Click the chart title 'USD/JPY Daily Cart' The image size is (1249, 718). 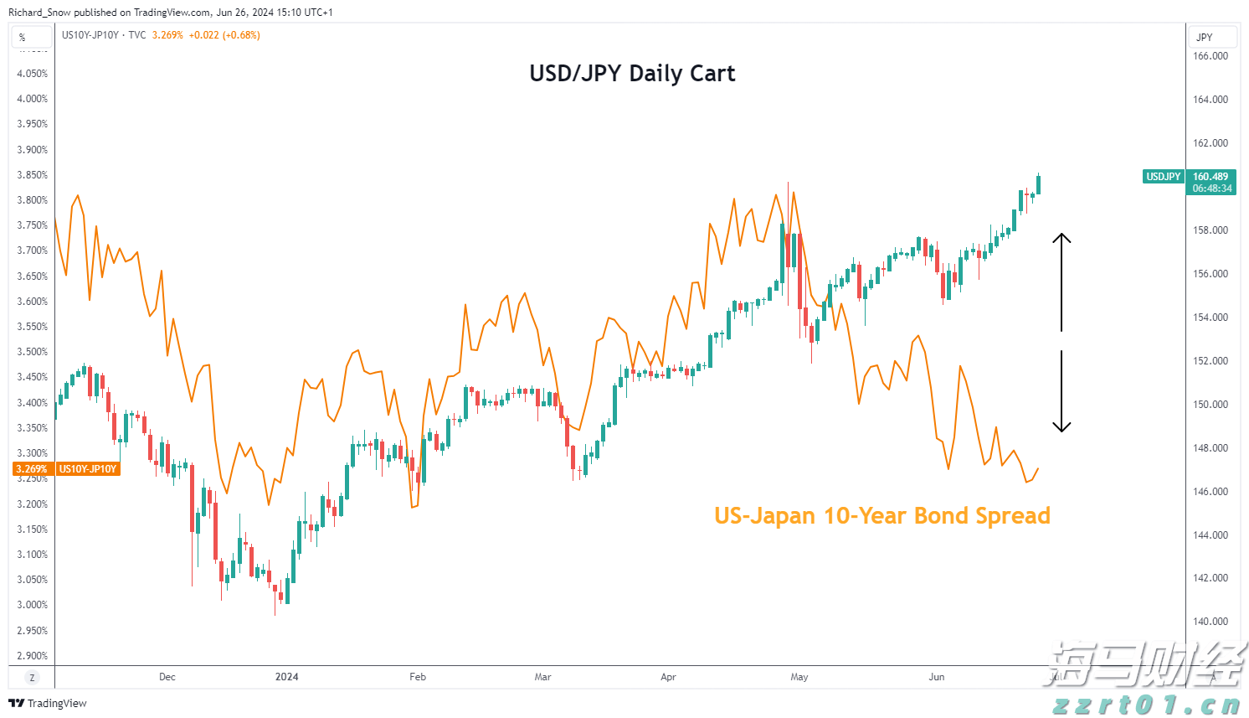pyautogui.click(x=632, y=74)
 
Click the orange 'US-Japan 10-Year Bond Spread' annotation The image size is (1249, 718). pyautogui.click(x=881, y=515)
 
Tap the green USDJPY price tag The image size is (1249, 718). pyautogui.click(x=1163, y=177)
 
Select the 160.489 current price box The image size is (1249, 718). pyautogui.click(x=1210, y=182)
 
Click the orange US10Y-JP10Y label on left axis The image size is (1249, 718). pyautogui.click(x=87, y=469)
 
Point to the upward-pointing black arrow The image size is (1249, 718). pyautogui.click(x=1061, y=281)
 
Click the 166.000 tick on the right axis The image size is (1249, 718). pyautogui.click(x=1210, y=56)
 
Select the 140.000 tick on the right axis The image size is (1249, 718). pyautogui.click(x=1210, y=622)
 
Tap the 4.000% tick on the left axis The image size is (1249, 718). pyautogui.click(x=33, y=99)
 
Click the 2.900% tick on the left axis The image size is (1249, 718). pyautogui.click(x=33, y=656)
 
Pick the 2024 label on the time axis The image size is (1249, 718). pyautogui.click(x=286, y=677)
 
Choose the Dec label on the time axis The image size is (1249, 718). pyautogui.click(x=167, y=677)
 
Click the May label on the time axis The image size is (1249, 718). pyautogui.click(x=799, y=677)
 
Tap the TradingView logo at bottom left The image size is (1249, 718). pyautogui.click(x=48, y=703)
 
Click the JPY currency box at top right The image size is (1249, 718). pyautogui.click(x=1211, y=37)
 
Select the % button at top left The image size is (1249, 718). pyautogui.click(x=23, y=37)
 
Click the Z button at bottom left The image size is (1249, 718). pyautogui.click(x=32, y=678)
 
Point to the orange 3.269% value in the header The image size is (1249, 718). pyautogui.click(x=167, y=35)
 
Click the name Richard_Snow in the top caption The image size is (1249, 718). pyautogui.click(x=39, y=13)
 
